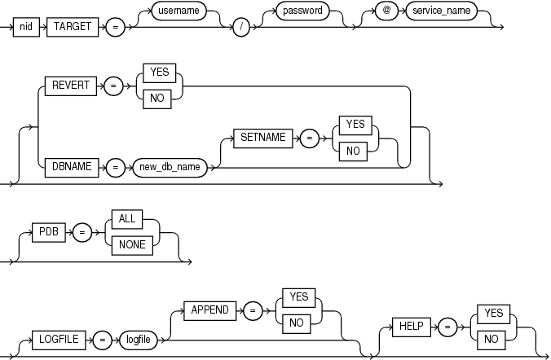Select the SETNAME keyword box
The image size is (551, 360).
[x=261, y=138]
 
